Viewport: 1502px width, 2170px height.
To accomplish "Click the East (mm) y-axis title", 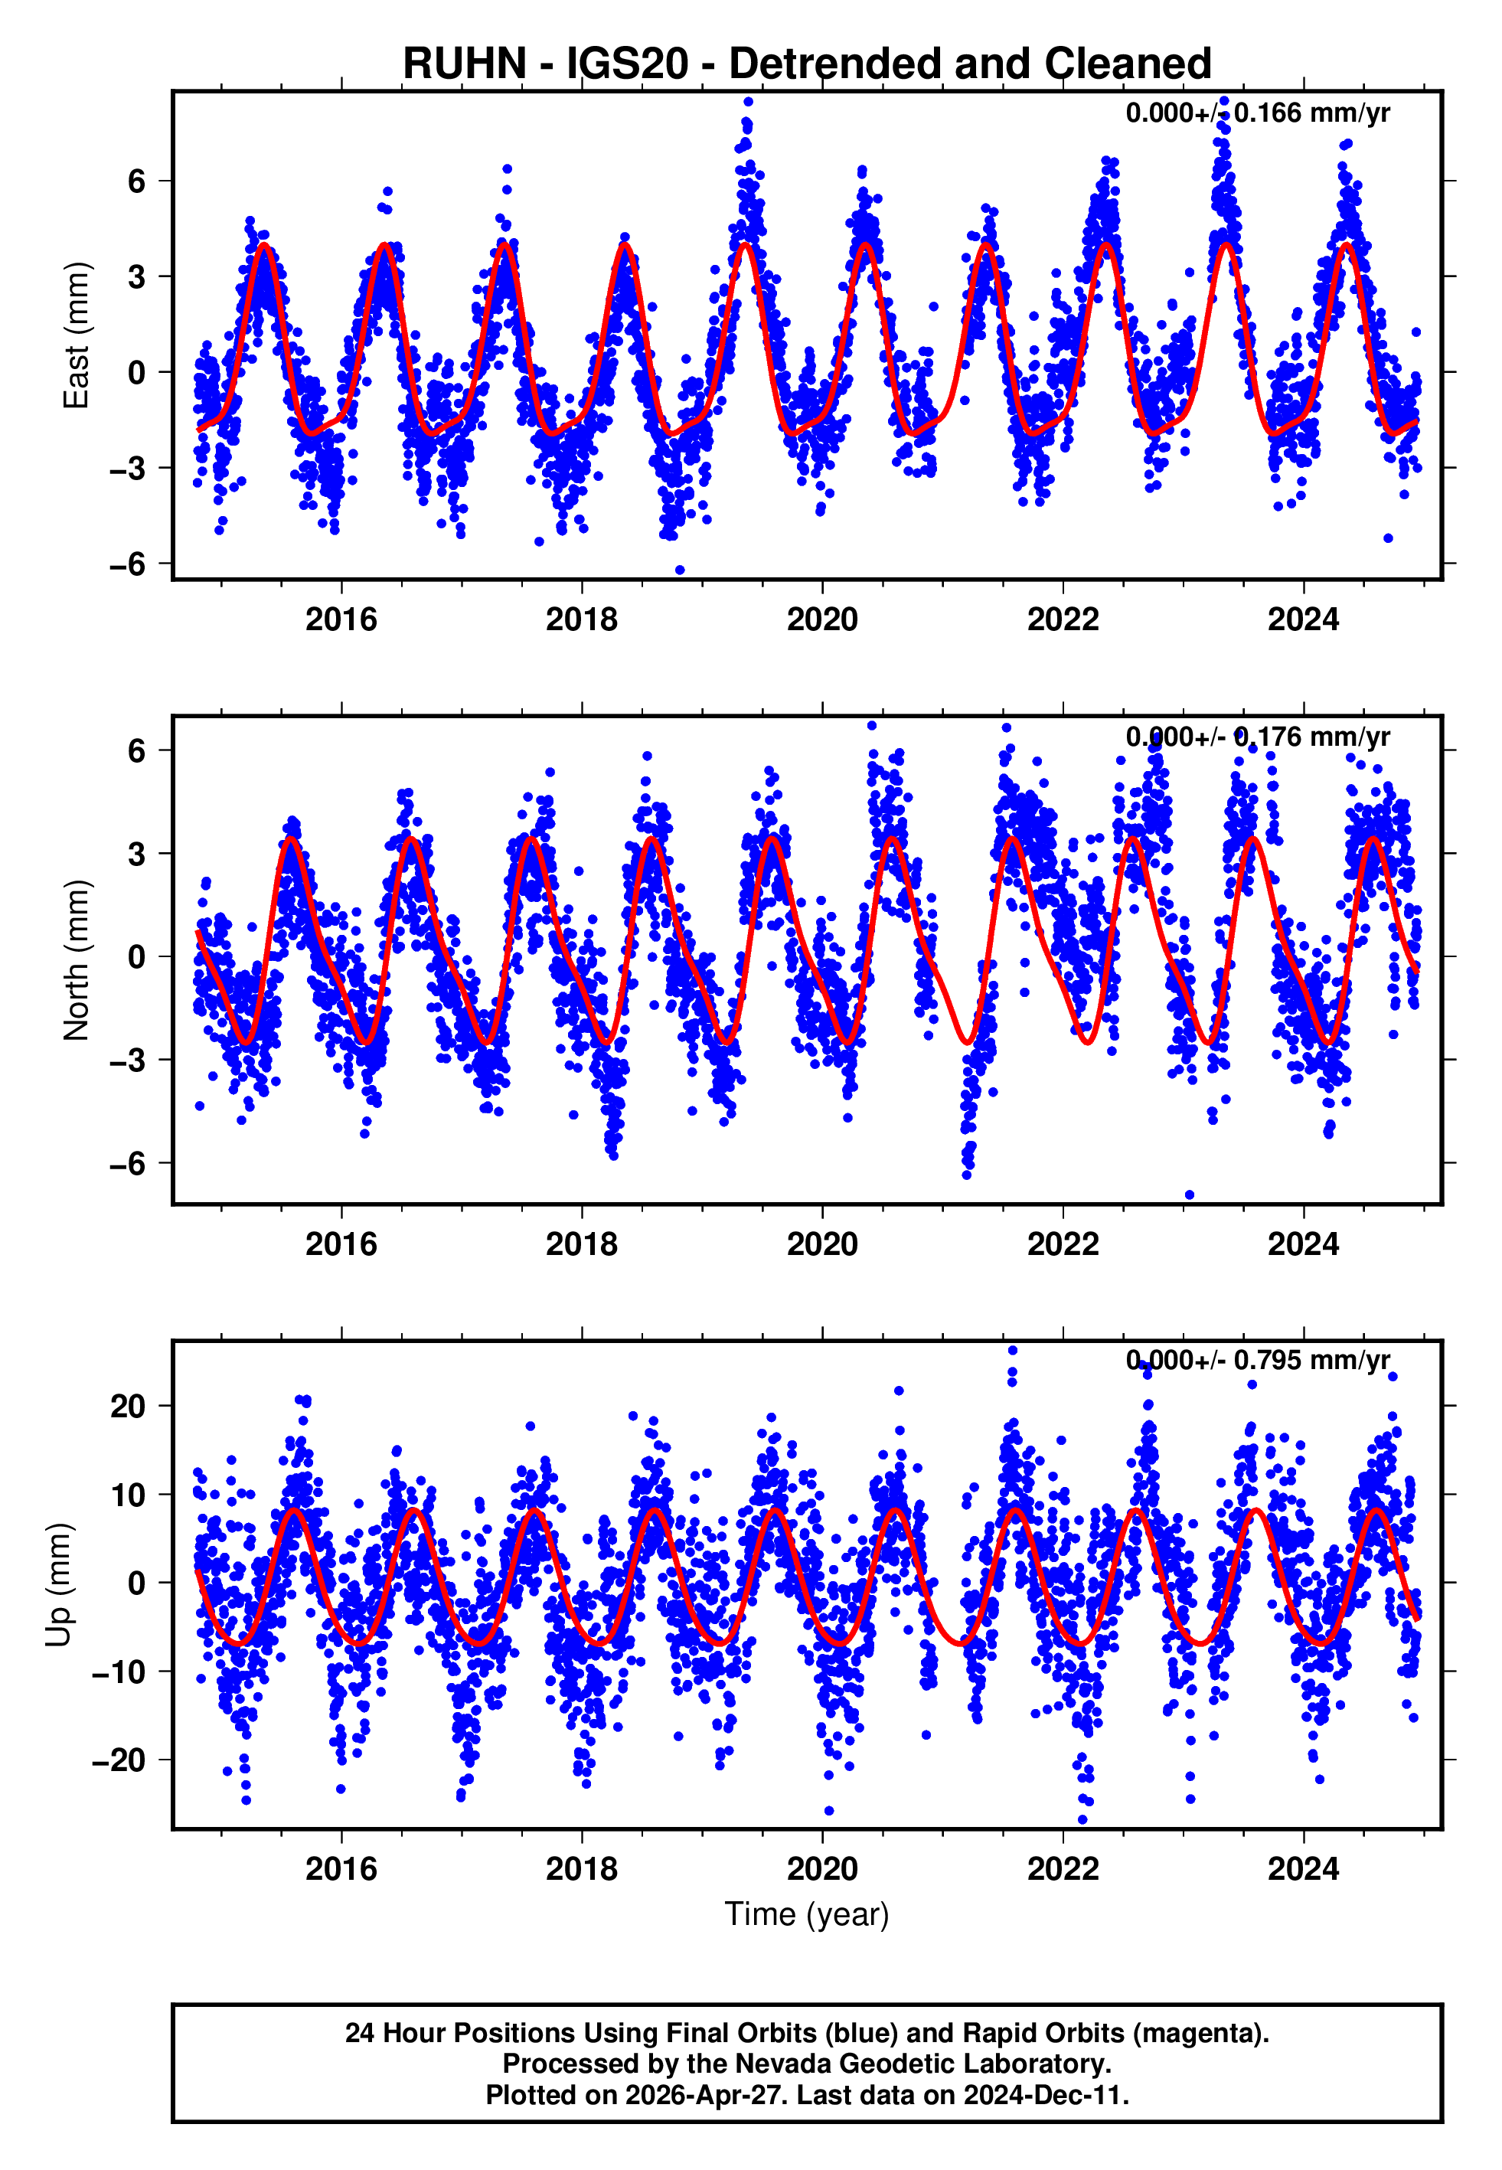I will pyautogui.click(x=75, y=336).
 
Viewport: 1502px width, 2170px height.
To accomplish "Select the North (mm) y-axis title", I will pyautogui.click(x=75, y=960).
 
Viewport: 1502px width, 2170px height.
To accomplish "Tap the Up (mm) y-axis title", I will pyautogui.click(x=58, y=1585).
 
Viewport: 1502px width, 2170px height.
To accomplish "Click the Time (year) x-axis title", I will pyautogui.click(x=807, y=1914).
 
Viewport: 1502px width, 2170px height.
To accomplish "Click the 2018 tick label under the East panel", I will pyautogui.click(x=582, y=619).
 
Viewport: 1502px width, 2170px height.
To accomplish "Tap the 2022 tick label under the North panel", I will pyautogui.click(x=1063, y=1244).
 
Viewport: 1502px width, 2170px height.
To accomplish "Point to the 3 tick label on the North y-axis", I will pyautogui.click(x=137, y=854).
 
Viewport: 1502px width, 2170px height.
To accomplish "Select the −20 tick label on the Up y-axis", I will pyautogui.click(x=119, y=1760).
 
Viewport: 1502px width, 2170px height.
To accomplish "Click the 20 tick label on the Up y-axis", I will pyautogui.click(x=128, y=1406).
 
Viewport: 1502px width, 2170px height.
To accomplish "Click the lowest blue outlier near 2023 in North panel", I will pyautogui.click(x=1190, y=1195).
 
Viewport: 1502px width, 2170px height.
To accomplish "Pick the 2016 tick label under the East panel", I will pyautogui.click(x=341, y=619).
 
